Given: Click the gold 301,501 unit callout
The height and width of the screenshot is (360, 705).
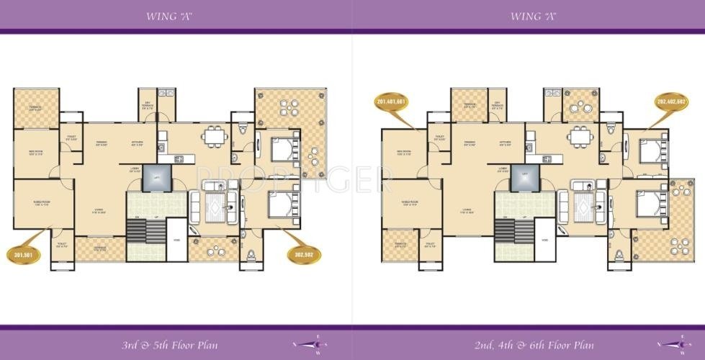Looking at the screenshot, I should click(22, 253).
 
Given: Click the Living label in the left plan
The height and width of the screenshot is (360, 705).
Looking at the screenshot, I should click(98, 210).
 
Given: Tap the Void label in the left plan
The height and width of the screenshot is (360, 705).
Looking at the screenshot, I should click(176, 240).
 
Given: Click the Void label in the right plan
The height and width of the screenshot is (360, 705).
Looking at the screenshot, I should click(545, 240).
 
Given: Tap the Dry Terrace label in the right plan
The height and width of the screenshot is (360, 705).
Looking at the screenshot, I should click(497, 104).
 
